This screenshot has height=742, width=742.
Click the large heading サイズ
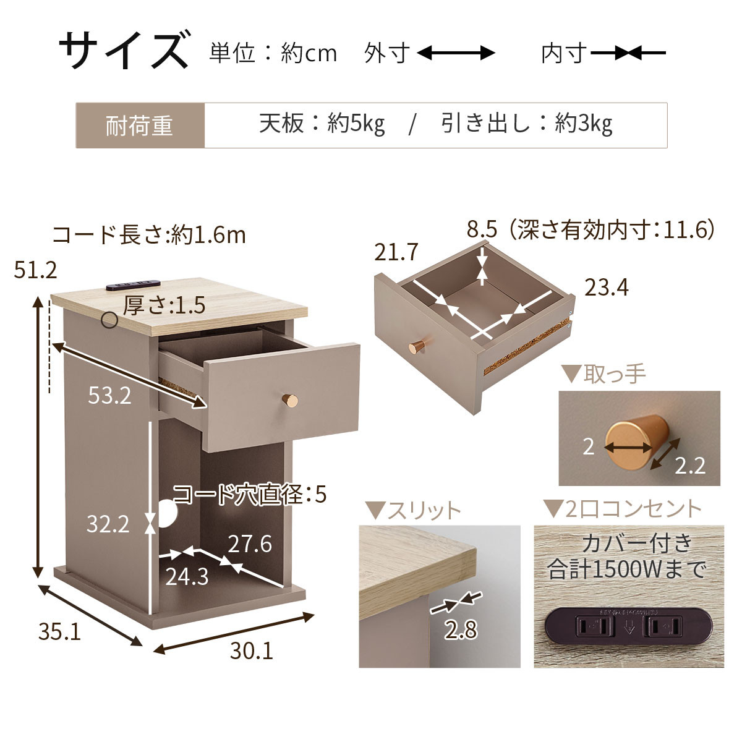(x=124, y=51)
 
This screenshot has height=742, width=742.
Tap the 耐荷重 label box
(x=140, y=126)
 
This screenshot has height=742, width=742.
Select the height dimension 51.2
(x=35, y=270)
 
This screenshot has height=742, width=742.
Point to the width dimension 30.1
(x=252, y=651)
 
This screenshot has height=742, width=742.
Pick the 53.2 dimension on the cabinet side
(x=109, y=396)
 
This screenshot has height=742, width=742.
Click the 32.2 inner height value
(x=108, y=524)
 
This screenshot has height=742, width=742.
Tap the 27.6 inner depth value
(x=250, y=544)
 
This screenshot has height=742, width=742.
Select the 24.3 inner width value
(x=187, y=576)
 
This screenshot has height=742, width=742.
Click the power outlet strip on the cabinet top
(x=133, y=285)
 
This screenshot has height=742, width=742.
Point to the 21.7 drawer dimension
(x=396, y=252)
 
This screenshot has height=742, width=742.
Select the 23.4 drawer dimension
(x=607, y=288)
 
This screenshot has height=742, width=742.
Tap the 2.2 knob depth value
(x=690, y=466)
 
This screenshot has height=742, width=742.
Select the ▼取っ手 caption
(x=603, y=373)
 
